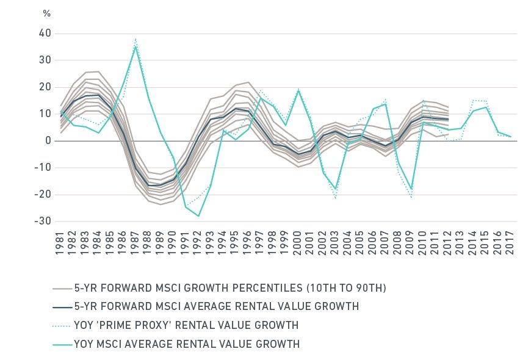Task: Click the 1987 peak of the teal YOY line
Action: (x=135, y=46)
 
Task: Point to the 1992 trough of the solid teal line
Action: (x=198, y=216)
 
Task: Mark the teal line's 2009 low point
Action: (x=411, y=189)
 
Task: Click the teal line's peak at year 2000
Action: (x=298, y=91)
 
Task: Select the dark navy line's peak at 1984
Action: (x=98, y=95)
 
